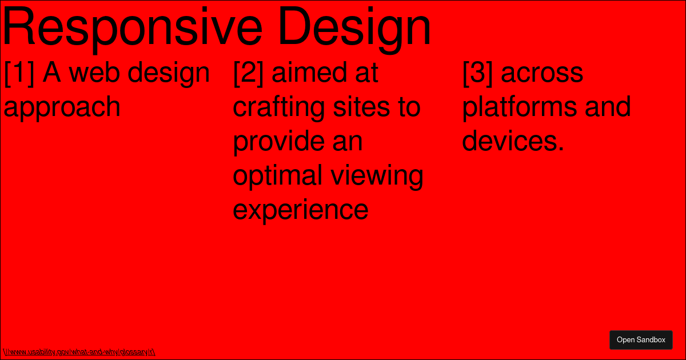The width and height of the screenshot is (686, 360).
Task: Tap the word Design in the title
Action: click(x=354, y=27)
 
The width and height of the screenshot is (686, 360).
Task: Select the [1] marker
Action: click(x=19, y=73)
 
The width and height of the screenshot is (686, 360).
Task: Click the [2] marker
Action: click(x=248, y=73)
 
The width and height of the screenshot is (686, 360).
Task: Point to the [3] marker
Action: click(x=477, y=73)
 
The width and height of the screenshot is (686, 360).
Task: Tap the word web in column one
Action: click(x=95, y=73)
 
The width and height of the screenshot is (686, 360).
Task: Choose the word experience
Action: click(x=301, y=210)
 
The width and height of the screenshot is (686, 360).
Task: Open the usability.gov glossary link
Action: click(x=79, y=352)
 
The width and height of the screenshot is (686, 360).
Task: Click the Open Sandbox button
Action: click(x=641, y=340)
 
